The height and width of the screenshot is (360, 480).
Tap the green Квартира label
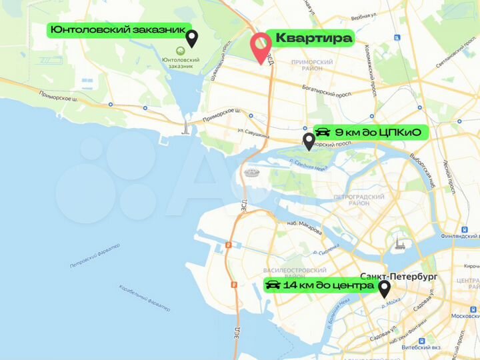tap(313, 38)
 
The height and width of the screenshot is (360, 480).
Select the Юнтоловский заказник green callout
tap(117, 30)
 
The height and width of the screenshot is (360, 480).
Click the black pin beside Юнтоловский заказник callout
tap(191, 37)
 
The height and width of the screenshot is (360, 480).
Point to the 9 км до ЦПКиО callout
tap(369, 132)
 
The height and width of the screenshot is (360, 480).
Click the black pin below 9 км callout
tap(308, 141)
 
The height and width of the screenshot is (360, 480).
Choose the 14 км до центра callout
tap(319, 285)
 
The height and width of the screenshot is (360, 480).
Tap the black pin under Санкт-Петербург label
tap(385, 289)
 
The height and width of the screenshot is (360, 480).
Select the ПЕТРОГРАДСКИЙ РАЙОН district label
tap(359, 200)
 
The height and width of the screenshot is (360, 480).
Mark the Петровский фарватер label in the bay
tap(95, 257)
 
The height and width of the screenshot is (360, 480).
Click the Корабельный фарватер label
tap(145, 298)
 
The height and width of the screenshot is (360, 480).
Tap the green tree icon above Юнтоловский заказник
tap(180, 51)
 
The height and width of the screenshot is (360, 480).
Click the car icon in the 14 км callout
tap(273, 285)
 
